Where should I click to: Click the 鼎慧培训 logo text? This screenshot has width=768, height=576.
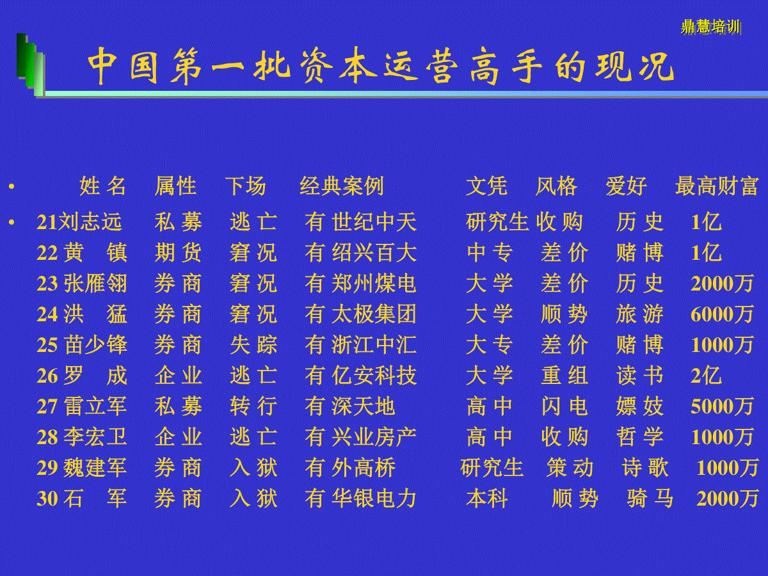710,27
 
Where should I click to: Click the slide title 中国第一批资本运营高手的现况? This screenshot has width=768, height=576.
380,66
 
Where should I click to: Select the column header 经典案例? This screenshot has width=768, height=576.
342,186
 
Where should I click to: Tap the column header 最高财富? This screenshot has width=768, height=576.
717,186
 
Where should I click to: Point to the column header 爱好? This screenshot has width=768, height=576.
627,186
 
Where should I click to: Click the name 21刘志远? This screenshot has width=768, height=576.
79,222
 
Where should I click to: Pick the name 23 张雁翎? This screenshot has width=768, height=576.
82,284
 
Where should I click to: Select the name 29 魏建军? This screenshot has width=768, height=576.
82,468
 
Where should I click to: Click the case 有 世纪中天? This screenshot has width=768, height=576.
361,222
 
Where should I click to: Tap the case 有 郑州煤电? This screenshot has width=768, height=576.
361,284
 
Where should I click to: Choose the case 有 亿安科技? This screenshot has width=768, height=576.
361,376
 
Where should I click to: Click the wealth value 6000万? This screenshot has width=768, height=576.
722,314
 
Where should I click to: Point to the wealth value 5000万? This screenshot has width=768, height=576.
722,406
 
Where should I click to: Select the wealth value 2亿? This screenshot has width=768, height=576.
706,376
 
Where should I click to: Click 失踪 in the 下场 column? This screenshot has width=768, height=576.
253,345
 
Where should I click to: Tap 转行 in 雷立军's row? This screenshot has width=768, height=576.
253,406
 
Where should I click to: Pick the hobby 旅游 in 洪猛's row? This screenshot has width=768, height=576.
639,314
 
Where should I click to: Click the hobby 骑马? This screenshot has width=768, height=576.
650,499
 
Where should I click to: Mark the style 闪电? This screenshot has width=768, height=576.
564,406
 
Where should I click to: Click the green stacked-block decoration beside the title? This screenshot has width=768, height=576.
31,65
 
